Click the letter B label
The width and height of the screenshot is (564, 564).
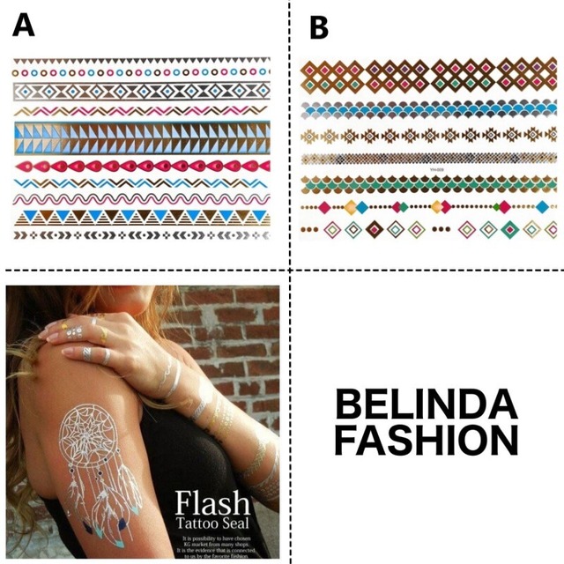tap(318, 28)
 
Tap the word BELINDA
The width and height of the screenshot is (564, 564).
tap(426, 406)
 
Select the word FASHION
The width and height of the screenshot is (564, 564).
tap(426, 440)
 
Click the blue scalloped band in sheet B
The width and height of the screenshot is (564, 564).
tap(424, 109)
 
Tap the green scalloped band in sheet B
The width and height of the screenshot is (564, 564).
tap(424, 184)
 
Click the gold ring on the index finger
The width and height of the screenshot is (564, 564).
tap(102, 335)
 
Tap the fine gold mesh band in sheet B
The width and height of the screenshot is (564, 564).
tap(424, 160)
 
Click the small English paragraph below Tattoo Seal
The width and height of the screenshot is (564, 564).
tap(216, 545)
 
